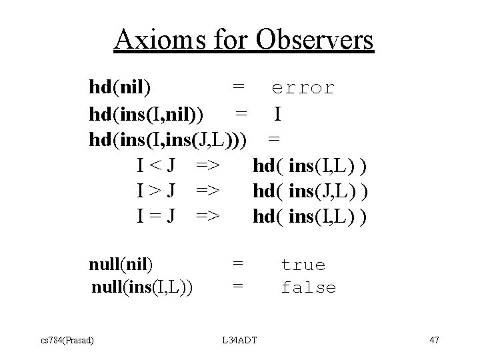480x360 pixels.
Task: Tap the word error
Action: pos(303,88)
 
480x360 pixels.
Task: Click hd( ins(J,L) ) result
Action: pos(311,191)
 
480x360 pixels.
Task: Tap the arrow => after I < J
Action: pos(209,165)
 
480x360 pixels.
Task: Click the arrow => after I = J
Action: pos(209,217)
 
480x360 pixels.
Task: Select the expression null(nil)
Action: pos(121,264)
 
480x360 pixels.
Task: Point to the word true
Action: pos(303,265)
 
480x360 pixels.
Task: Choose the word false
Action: pos(308,288)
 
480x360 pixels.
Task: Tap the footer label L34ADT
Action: pos(240,341)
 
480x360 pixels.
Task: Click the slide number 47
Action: pos(434,341)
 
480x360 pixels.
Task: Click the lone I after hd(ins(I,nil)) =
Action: pos(277,115)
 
